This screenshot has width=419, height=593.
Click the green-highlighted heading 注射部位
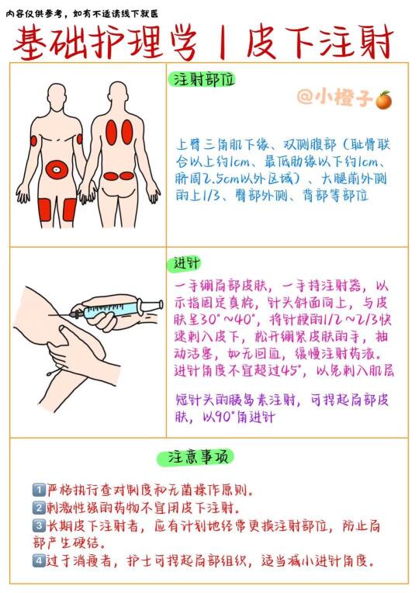pyautogui.click(x=202, y=79)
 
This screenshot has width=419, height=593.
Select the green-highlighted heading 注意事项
pyautogui.click(x=195, y=457)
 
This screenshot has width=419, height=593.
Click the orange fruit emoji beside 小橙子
pyautogui.click(x=383, y=100)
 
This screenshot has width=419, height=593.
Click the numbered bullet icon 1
pyautogui.click(x=39, y=490)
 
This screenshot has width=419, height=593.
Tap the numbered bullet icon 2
pyautogui.click(x=39, y=507)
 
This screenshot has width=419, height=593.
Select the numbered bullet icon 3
pyautogui.click(x=39, y=525)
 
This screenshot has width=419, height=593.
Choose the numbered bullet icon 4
pyautogui.click(x=39, y=560)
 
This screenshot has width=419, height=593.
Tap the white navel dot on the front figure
pyautogui.click(x=57, y=170)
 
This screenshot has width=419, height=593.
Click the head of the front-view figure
pyautogui.click(x=57, y=95)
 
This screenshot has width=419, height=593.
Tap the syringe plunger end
pyautogui.click(x=161, y=304)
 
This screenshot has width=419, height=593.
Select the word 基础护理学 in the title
pyautogui.click(x=105, y=42)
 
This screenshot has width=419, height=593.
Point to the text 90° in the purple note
pyautogui.click(x=225, y=416)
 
